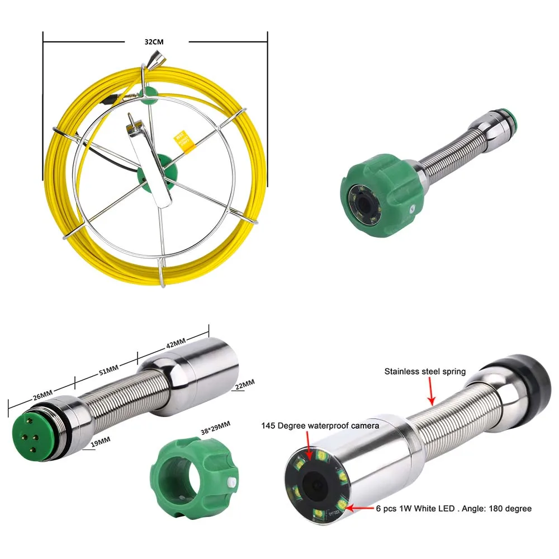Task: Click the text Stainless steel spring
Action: [x=425, y=371]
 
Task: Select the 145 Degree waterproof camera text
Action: [x=320, y=426]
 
